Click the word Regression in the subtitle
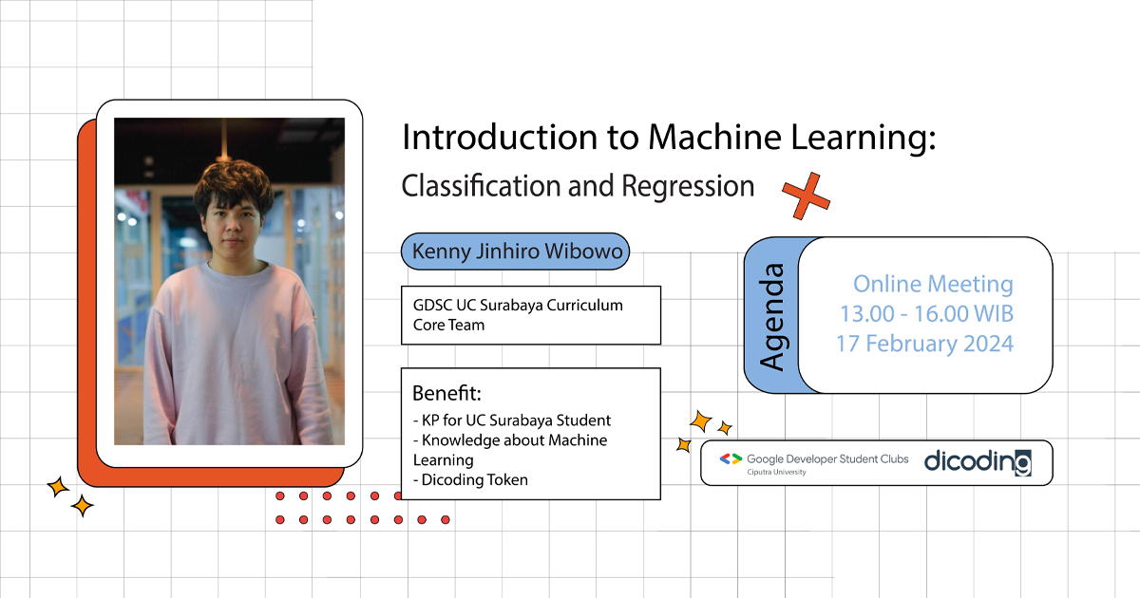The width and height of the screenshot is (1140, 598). tap(688, 185)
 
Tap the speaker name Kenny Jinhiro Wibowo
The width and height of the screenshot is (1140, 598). tap(515, 253)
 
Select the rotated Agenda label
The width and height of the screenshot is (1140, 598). tap(772, 316)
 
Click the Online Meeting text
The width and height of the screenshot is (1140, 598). tap(933, 284)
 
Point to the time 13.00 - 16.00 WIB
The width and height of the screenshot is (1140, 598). tap(926, 313)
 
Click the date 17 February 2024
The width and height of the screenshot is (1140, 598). tap(924, 343)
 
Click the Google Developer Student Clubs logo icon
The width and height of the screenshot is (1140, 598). tap(730, 458)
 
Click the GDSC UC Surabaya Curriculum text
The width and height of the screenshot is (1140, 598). tap(518, 306)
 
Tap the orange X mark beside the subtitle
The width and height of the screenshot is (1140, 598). tap(806, 196)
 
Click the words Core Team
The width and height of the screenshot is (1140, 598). tap(448, 325)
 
